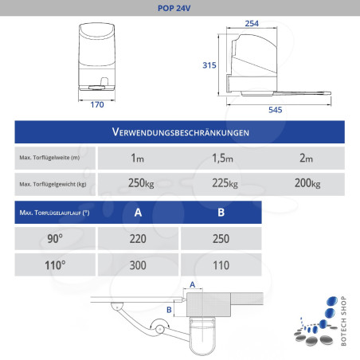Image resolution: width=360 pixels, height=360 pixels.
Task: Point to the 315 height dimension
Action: tap(210, 65)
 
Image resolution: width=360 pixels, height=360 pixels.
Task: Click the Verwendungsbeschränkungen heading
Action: tap(181, 131)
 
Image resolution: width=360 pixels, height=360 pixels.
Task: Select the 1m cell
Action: tap(137, 158)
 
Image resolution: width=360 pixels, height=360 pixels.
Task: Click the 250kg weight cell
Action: tap(141, 184)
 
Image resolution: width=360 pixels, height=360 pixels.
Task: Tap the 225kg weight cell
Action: tap(223, 184)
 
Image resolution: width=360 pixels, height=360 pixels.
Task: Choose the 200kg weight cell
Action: tap(307, 184)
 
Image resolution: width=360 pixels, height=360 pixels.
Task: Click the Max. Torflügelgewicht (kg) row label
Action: tap(52, 185)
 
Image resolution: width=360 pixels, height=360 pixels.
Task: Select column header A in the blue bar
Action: tap(138, 213)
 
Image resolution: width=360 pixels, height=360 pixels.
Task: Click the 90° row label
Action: tap(54, 238)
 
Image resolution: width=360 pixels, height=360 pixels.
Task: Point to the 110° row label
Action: tap(54, 264)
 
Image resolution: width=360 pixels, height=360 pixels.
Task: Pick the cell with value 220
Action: tap(138, 238)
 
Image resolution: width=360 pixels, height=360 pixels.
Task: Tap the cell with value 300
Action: tap(138, 264)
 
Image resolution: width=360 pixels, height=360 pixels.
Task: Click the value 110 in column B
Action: tap(222, 264)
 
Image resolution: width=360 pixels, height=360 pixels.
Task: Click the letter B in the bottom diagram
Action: tap(169, 309)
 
